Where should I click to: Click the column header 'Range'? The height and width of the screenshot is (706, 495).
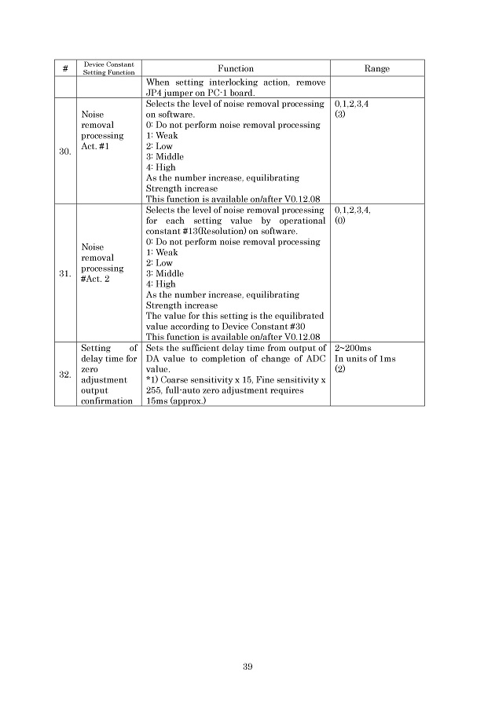pos(376,69)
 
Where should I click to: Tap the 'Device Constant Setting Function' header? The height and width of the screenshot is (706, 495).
pos(109,69)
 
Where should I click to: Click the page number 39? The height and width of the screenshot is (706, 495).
pos(247,667)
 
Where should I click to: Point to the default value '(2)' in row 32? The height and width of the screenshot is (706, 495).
pos(340,369)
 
